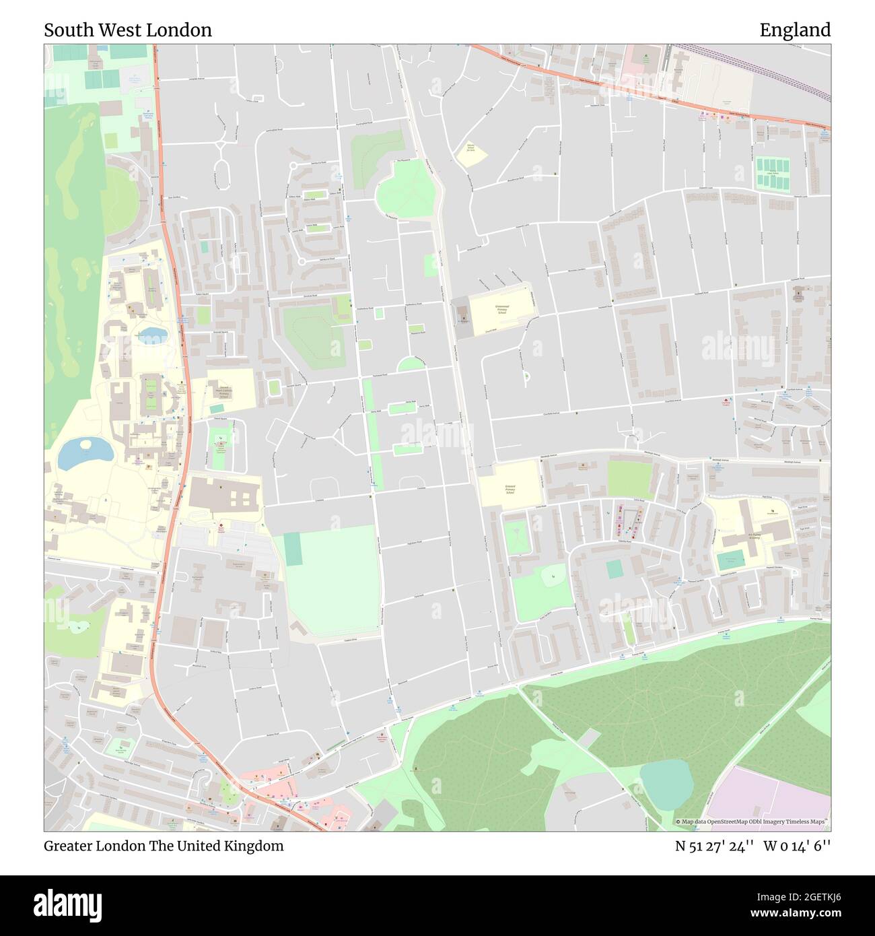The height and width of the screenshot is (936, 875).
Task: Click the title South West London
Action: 128,30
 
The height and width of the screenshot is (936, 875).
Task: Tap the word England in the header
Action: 795,30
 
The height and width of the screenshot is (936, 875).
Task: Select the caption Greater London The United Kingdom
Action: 164,846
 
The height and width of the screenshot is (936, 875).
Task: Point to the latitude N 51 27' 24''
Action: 714,846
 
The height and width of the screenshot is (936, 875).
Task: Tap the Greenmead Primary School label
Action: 501,309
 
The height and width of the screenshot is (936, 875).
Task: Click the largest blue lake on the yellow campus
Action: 85,453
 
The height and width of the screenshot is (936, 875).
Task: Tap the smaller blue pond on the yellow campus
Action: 152,335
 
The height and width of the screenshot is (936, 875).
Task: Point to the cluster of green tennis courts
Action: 772,174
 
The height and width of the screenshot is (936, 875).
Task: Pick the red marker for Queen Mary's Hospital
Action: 220,525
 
